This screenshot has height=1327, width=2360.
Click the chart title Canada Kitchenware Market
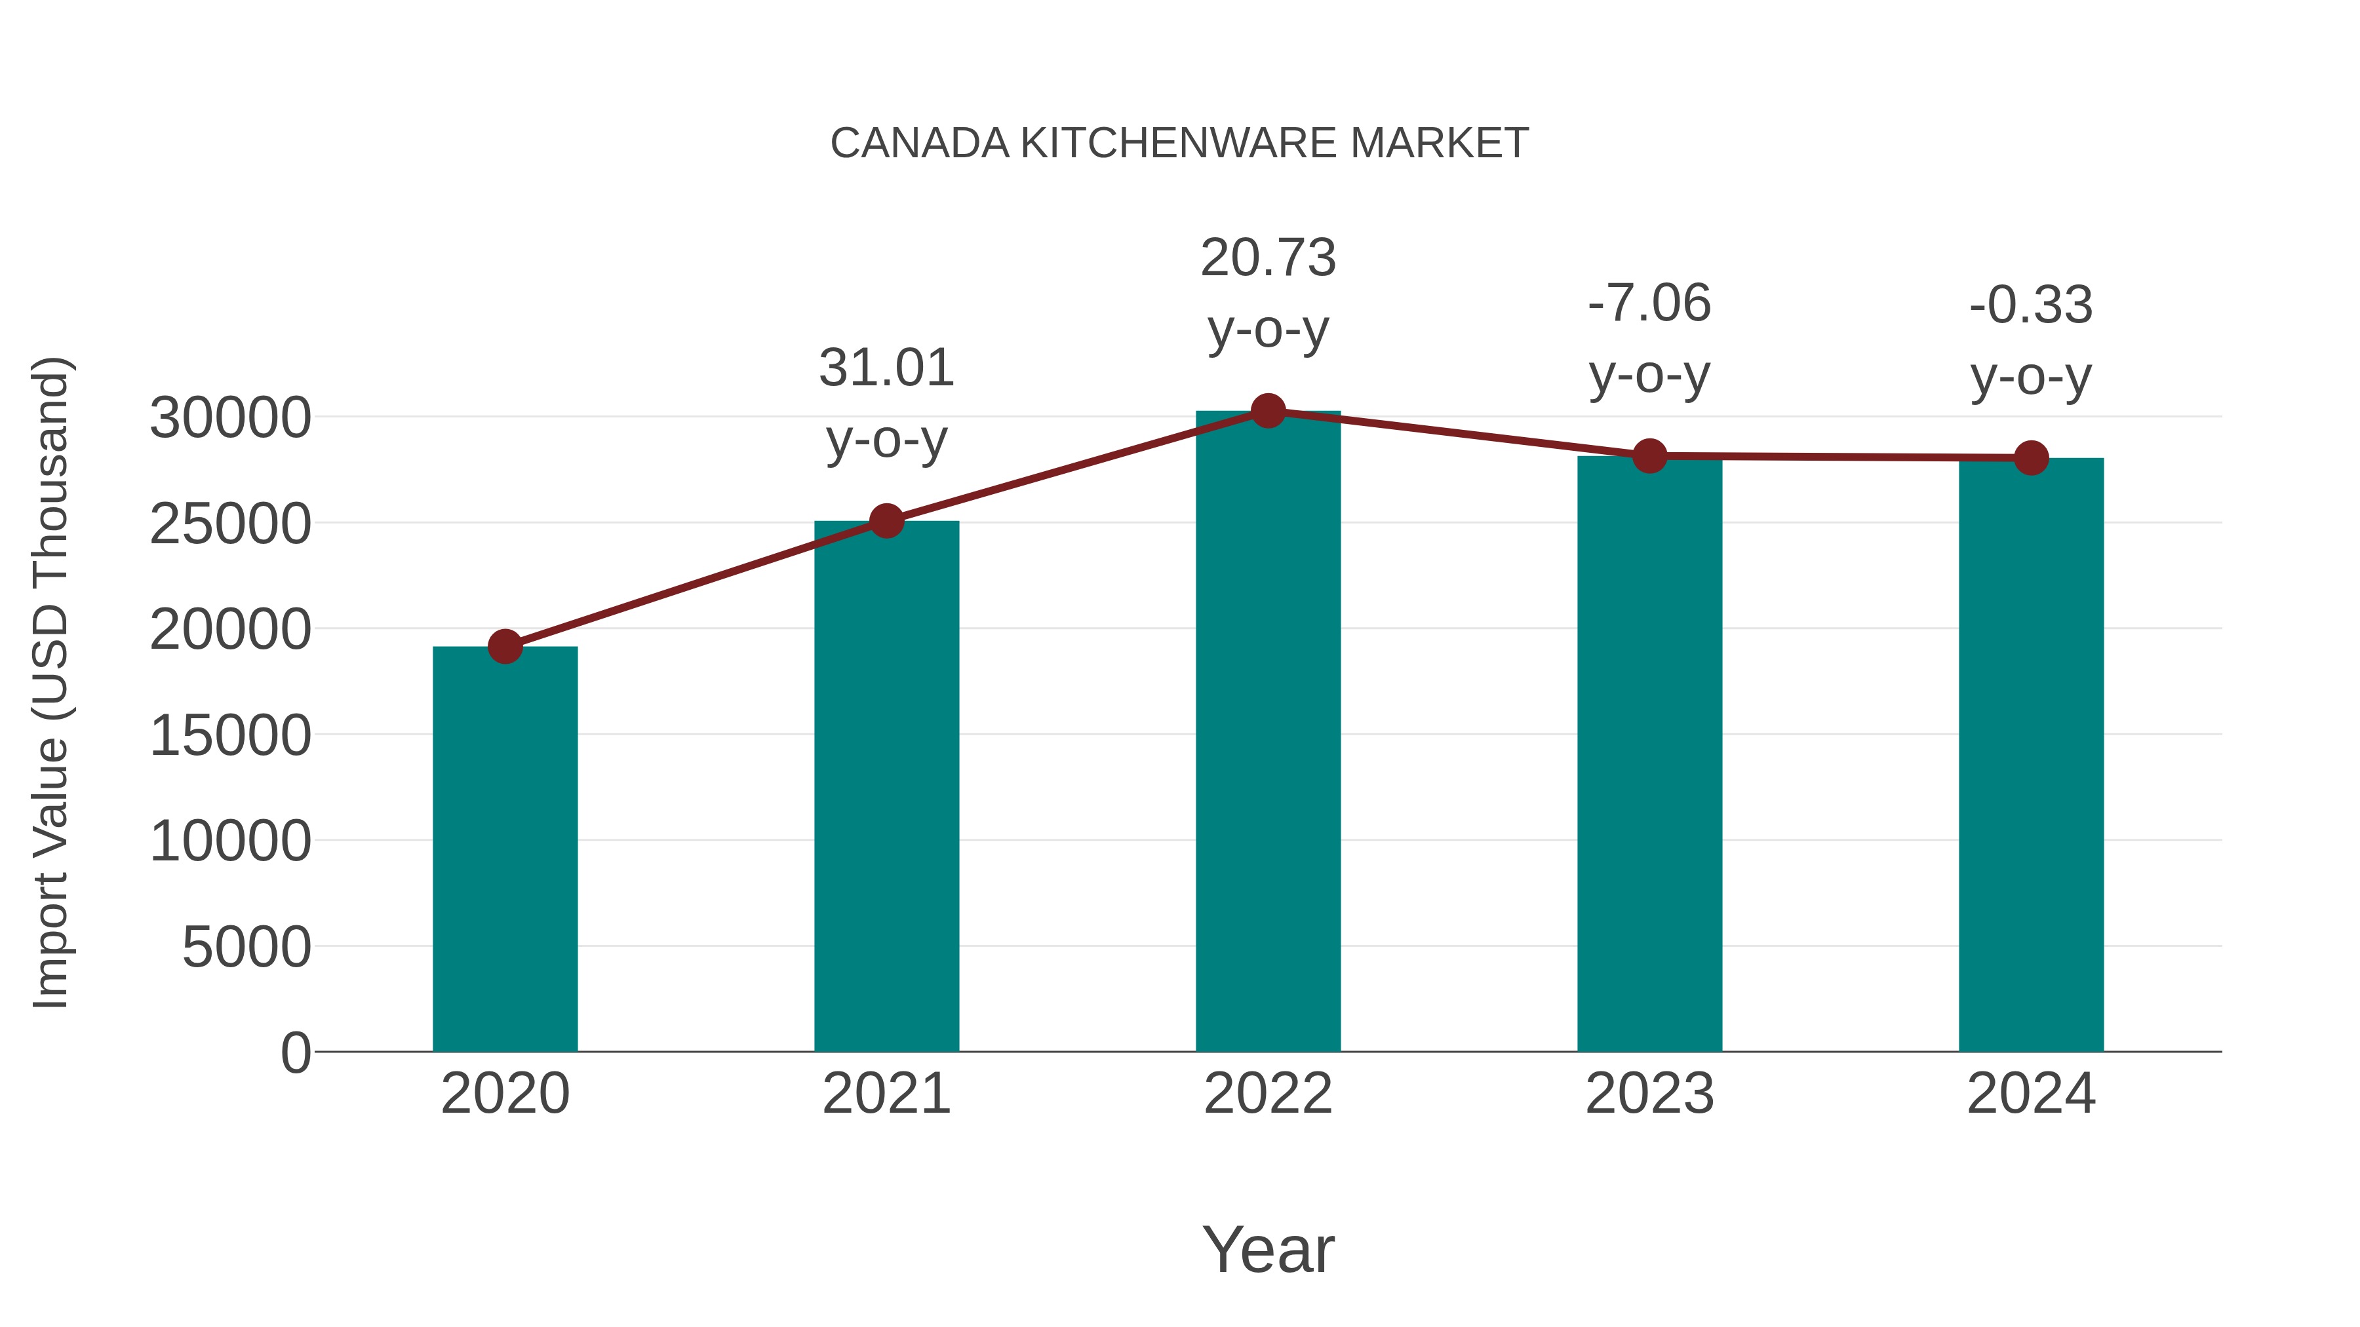[1179, 144]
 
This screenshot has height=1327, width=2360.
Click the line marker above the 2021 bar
[887, 521]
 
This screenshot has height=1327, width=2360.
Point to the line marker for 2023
[1649, 455]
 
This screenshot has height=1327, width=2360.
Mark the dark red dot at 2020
[505, 647]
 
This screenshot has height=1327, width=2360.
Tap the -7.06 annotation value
[1649, 304]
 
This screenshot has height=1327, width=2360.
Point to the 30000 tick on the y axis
[230, 419]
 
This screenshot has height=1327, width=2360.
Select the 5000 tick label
[246, 947]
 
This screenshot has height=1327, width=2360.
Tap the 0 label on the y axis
[296, 1052]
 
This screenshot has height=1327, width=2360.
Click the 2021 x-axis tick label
[887, 1094]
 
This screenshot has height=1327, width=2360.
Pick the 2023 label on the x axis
[1649, 1094]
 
